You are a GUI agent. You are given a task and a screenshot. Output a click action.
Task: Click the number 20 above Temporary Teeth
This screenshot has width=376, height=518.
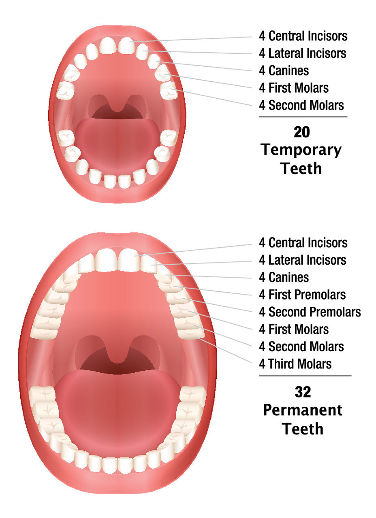[x=302, y=132]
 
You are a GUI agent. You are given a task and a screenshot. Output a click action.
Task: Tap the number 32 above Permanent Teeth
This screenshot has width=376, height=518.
[x=303, y=392]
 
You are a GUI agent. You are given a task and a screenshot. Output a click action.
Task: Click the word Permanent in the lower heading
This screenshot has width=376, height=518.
[x=303, y=410]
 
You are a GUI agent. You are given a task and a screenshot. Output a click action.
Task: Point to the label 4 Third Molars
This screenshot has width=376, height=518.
[x=295, y=364]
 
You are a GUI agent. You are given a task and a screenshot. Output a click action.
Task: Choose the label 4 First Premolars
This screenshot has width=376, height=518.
[x=302, y=295]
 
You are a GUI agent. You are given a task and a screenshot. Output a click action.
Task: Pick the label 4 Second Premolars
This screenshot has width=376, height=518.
[x=310, y=312]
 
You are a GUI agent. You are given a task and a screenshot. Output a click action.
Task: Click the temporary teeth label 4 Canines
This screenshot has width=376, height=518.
[x=284, y=70]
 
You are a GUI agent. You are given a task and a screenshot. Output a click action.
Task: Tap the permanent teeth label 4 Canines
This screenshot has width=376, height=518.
[x=284, y=277]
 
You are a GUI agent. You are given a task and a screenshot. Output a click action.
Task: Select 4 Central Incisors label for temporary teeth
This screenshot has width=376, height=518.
[x=303, y=36]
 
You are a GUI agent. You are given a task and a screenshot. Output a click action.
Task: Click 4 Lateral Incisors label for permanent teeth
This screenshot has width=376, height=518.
[x=303, y=260]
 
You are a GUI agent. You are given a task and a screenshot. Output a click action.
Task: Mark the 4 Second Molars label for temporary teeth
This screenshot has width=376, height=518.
[x=301, y=105]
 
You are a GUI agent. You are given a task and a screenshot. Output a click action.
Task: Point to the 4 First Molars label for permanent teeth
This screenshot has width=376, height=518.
[x=294, y=329]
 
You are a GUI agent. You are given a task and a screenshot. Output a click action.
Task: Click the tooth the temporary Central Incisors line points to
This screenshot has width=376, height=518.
[x=126, y=46]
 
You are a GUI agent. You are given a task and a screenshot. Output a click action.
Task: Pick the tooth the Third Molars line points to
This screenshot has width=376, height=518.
[x=191, y=333]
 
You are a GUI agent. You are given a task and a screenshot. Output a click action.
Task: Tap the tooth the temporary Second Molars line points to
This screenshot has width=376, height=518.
[x=169, y=90]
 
